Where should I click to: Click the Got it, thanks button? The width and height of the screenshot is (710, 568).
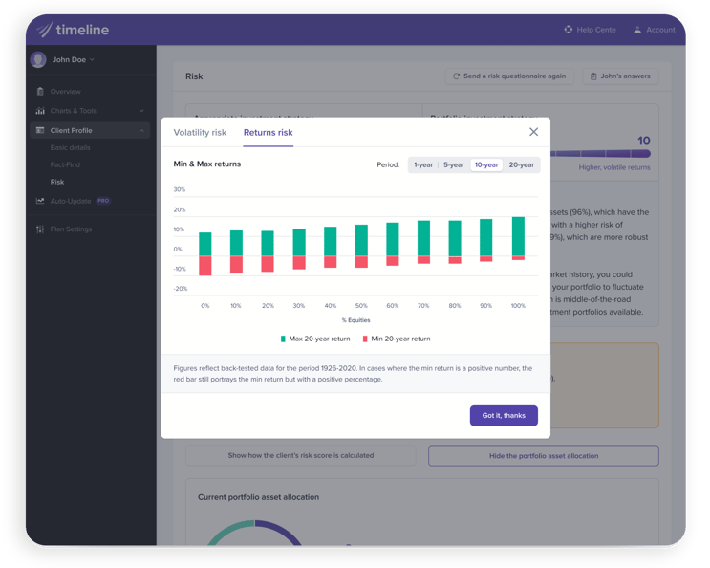[504, 415]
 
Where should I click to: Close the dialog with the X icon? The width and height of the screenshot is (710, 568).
[533, 132]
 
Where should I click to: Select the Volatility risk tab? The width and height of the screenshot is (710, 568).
[200, 133]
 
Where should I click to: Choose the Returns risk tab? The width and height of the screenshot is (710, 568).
[268, 133]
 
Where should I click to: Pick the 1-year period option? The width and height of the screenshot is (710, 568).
[423, 164]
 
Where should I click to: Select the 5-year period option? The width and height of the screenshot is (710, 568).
[454, 164]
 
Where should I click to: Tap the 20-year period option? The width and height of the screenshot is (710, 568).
[521, 164]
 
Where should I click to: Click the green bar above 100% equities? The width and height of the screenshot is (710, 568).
[518, 236]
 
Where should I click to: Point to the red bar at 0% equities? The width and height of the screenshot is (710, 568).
[205, 266]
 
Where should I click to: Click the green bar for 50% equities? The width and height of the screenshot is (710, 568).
[361, 240]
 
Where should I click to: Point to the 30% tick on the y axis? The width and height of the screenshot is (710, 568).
[180, 189]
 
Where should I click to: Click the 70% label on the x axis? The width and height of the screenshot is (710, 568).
[423, 306]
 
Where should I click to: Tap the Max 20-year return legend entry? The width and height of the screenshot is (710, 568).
[315, 339]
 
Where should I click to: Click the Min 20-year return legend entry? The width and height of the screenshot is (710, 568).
[396, 339]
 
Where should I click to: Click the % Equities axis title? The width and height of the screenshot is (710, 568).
[355, 320]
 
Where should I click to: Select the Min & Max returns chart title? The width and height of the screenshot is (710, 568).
[207, 164]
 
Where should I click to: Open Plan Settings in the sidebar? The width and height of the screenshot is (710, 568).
[72, 229]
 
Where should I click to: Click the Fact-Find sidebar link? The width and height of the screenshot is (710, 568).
[64, 164]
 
